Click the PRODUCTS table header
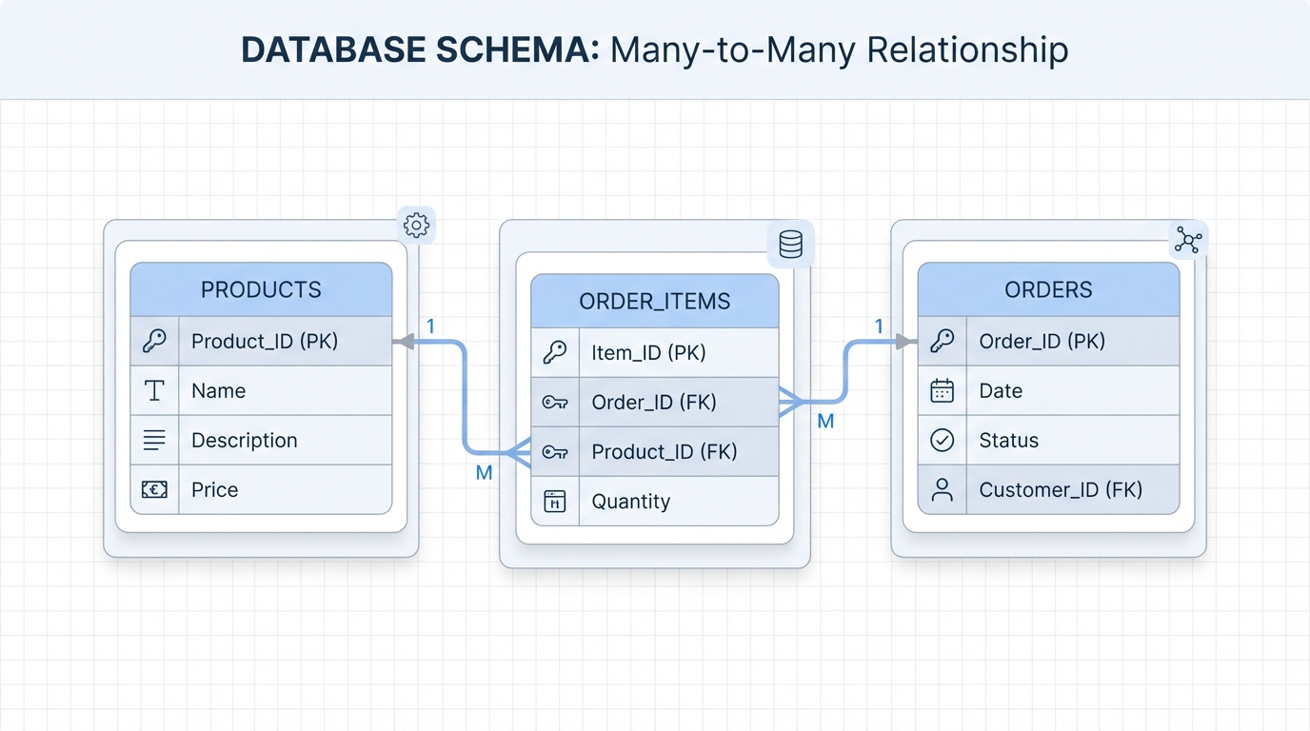tap(261, 289)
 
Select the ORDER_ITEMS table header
tap(654, 302)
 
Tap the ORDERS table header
tap(1048, 289)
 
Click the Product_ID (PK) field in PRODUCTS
tap(264, 341)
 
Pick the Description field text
tap(244, 440)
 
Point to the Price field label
tap(214, 489)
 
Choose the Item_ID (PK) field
tap(648, 353)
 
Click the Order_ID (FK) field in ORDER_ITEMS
tap(653, 403)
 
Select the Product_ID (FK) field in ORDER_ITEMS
tap(664, 452)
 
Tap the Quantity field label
tap(630, 502)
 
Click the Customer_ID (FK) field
tap(1060, 489)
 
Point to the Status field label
tap(1008, 440)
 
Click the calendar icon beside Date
tap(942, 390)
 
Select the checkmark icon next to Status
tap(942, 440)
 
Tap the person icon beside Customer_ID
tap(942, 489)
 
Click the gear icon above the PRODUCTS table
tap(416, 226)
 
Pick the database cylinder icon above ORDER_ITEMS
tap(790, 245)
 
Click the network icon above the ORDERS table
tap(1187, 240)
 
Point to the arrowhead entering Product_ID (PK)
tap(404, 342)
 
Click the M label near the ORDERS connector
tap(825, 421)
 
